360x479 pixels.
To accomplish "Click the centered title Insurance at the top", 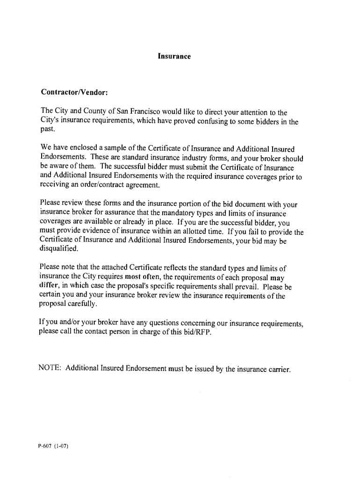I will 174,57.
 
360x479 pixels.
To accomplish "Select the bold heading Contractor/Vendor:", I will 74,92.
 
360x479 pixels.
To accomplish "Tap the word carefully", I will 83,305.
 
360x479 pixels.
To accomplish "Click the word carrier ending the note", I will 279,370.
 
